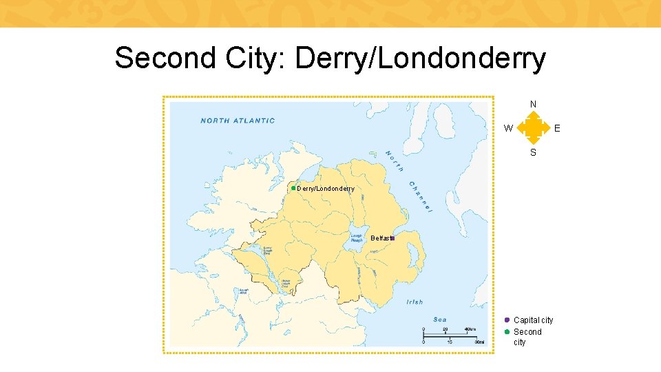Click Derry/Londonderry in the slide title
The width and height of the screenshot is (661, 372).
420,59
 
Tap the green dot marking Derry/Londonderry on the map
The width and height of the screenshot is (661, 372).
293,188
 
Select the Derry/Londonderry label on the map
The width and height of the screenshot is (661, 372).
326,189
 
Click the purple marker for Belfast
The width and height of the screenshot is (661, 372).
392,238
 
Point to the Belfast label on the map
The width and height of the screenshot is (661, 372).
380,238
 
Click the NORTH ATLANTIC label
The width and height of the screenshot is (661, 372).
238,121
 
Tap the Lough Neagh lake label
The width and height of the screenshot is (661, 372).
357,237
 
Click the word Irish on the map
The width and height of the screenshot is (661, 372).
415,302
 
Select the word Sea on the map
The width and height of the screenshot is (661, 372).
440,319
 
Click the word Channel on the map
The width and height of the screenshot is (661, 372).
419,196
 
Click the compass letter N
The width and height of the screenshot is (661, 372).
533,105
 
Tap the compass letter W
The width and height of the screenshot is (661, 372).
507,127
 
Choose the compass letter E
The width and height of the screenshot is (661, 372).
557,127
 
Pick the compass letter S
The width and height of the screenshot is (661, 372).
533,152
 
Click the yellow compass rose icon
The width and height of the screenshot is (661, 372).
532,127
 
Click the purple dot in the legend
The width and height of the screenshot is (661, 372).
507,320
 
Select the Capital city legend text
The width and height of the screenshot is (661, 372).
533,320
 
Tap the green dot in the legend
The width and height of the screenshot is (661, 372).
507,331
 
